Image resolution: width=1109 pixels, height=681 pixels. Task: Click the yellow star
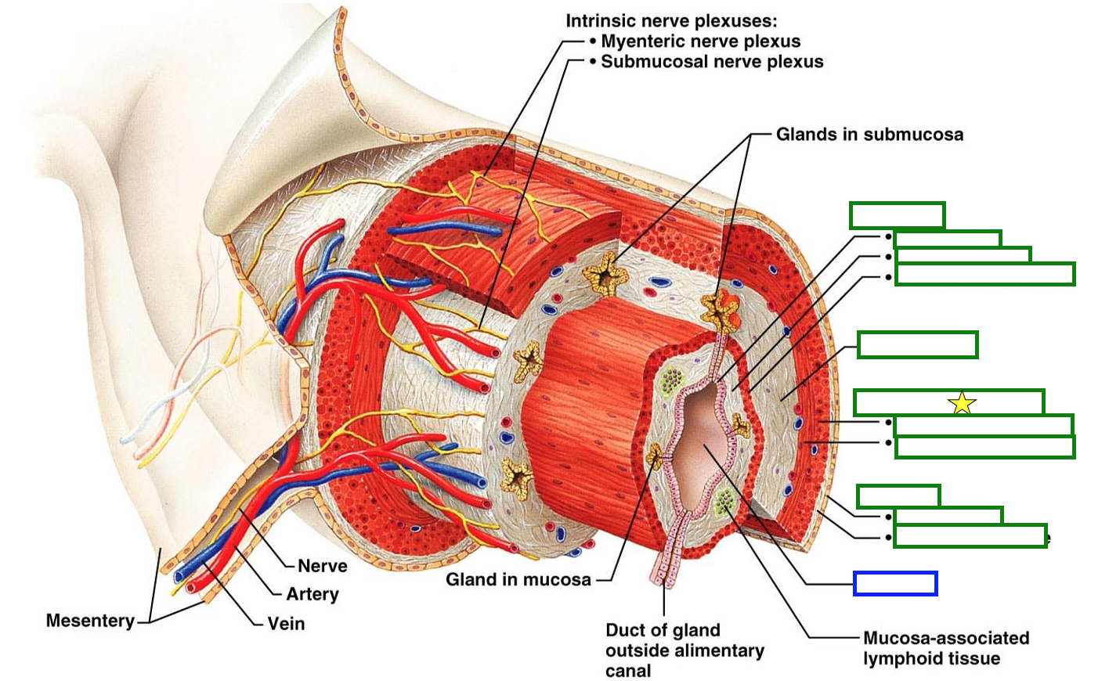tap(962, 404)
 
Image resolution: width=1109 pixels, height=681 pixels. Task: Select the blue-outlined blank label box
tap(895, 584)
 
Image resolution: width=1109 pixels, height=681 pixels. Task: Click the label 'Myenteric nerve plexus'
tap(700, 41)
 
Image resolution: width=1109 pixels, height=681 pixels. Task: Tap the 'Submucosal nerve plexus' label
tap(712, 62)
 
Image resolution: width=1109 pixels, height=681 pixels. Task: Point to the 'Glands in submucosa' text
tap(869, 135)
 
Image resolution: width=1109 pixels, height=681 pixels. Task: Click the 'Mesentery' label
tap(90, 621)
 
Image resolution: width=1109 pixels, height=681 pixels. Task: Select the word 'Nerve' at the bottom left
tap(322, 566)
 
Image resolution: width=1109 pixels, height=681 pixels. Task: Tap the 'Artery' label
tap(312, 594)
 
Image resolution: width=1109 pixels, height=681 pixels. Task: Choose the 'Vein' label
tap(286, 624)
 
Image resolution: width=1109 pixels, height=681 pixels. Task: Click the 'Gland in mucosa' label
tap(518, 580)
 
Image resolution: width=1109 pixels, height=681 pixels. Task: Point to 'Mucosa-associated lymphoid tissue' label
tap(945, 648)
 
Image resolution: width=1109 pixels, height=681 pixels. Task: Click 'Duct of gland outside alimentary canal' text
tap(684, 650)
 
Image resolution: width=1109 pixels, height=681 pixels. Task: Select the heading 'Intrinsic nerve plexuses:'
tap(671, 21)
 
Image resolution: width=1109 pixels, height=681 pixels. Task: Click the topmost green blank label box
tap(897, 215)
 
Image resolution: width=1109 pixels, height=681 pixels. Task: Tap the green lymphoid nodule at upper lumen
tap(670, 381)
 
